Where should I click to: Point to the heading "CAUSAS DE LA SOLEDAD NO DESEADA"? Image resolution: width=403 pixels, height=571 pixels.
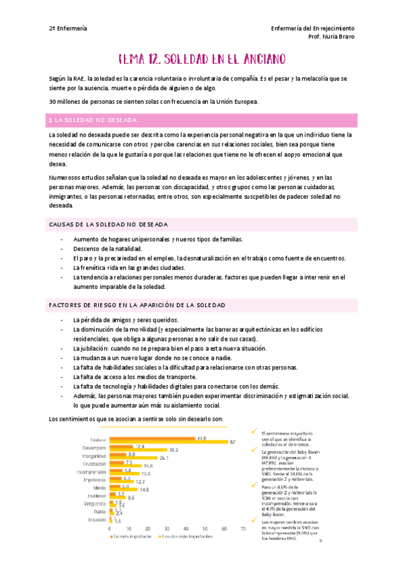108,224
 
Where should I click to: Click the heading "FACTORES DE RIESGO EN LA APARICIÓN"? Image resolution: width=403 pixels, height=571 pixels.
137,306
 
